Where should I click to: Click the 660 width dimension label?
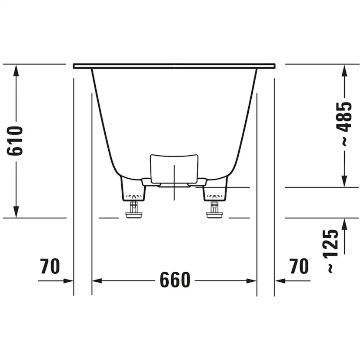[175, 280]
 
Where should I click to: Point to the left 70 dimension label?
[50, 266]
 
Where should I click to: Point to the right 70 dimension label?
[299, 266]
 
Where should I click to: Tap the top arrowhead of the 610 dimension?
[16, 70]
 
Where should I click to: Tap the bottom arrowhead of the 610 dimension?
[16, 212]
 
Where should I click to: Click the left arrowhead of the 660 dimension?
[97, 281]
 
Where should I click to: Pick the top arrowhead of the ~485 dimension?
[344, 70]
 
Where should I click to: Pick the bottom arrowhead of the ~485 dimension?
[344, 182]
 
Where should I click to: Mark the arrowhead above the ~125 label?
[344, 223]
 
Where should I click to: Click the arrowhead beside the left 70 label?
[68, 281]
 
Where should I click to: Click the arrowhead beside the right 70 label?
[280, 281]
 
